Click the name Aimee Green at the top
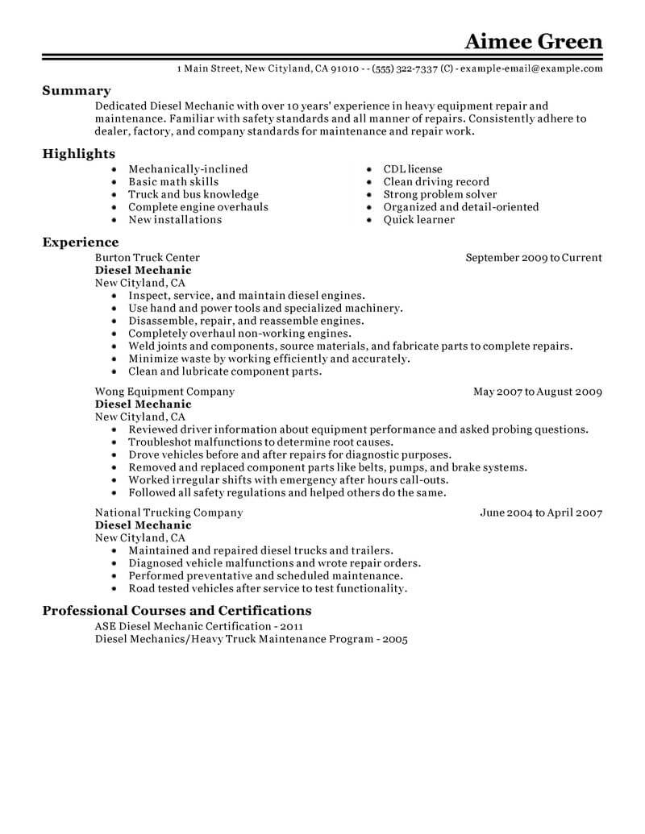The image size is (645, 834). tap(534, 41)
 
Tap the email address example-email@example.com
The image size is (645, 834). tap(531, 69)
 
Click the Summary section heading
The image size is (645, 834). tap(77, 91)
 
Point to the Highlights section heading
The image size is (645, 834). tap(79, 154)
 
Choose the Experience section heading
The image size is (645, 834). tap(81, 243)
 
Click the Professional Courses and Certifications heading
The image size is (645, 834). tap(177, 611)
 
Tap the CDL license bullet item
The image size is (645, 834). tap(413, 169)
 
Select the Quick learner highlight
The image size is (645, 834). tap(419, 219)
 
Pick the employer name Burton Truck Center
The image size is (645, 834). tap(148, 258)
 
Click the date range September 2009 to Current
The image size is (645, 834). tap(534, 258)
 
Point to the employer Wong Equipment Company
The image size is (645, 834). tap(164, 392)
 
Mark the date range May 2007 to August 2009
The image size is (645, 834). tap(538, 392)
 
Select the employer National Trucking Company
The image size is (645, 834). tap(169, 512)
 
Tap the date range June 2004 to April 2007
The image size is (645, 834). tap(541, 512)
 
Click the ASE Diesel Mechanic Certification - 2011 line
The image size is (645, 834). tap(200, 626)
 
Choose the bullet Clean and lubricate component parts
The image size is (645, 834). tap(225, 371)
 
